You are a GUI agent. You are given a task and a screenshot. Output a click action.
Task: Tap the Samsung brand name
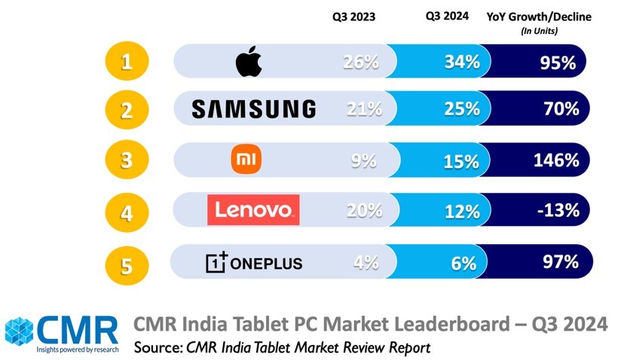click(x=253, y=109)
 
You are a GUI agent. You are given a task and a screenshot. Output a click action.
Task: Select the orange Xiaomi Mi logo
click(x=248, y=160)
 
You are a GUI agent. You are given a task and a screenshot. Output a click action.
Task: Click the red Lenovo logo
click(x=253, y=209)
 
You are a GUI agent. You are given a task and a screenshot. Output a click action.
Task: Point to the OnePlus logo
click(x=254, y=262)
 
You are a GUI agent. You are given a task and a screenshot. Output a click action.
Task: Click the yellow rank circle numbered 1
click(x=127, y=61)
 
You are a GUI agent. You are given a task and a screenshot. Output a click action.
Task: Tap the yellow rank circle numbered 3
click(x=127, y=161)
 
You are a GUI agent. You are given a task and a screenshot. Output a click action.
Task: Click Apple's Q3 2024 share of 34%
click(x=461, y=62)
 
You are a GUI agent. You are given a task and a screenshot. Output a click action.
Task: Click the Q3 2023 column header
click(x=353, y=16)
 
